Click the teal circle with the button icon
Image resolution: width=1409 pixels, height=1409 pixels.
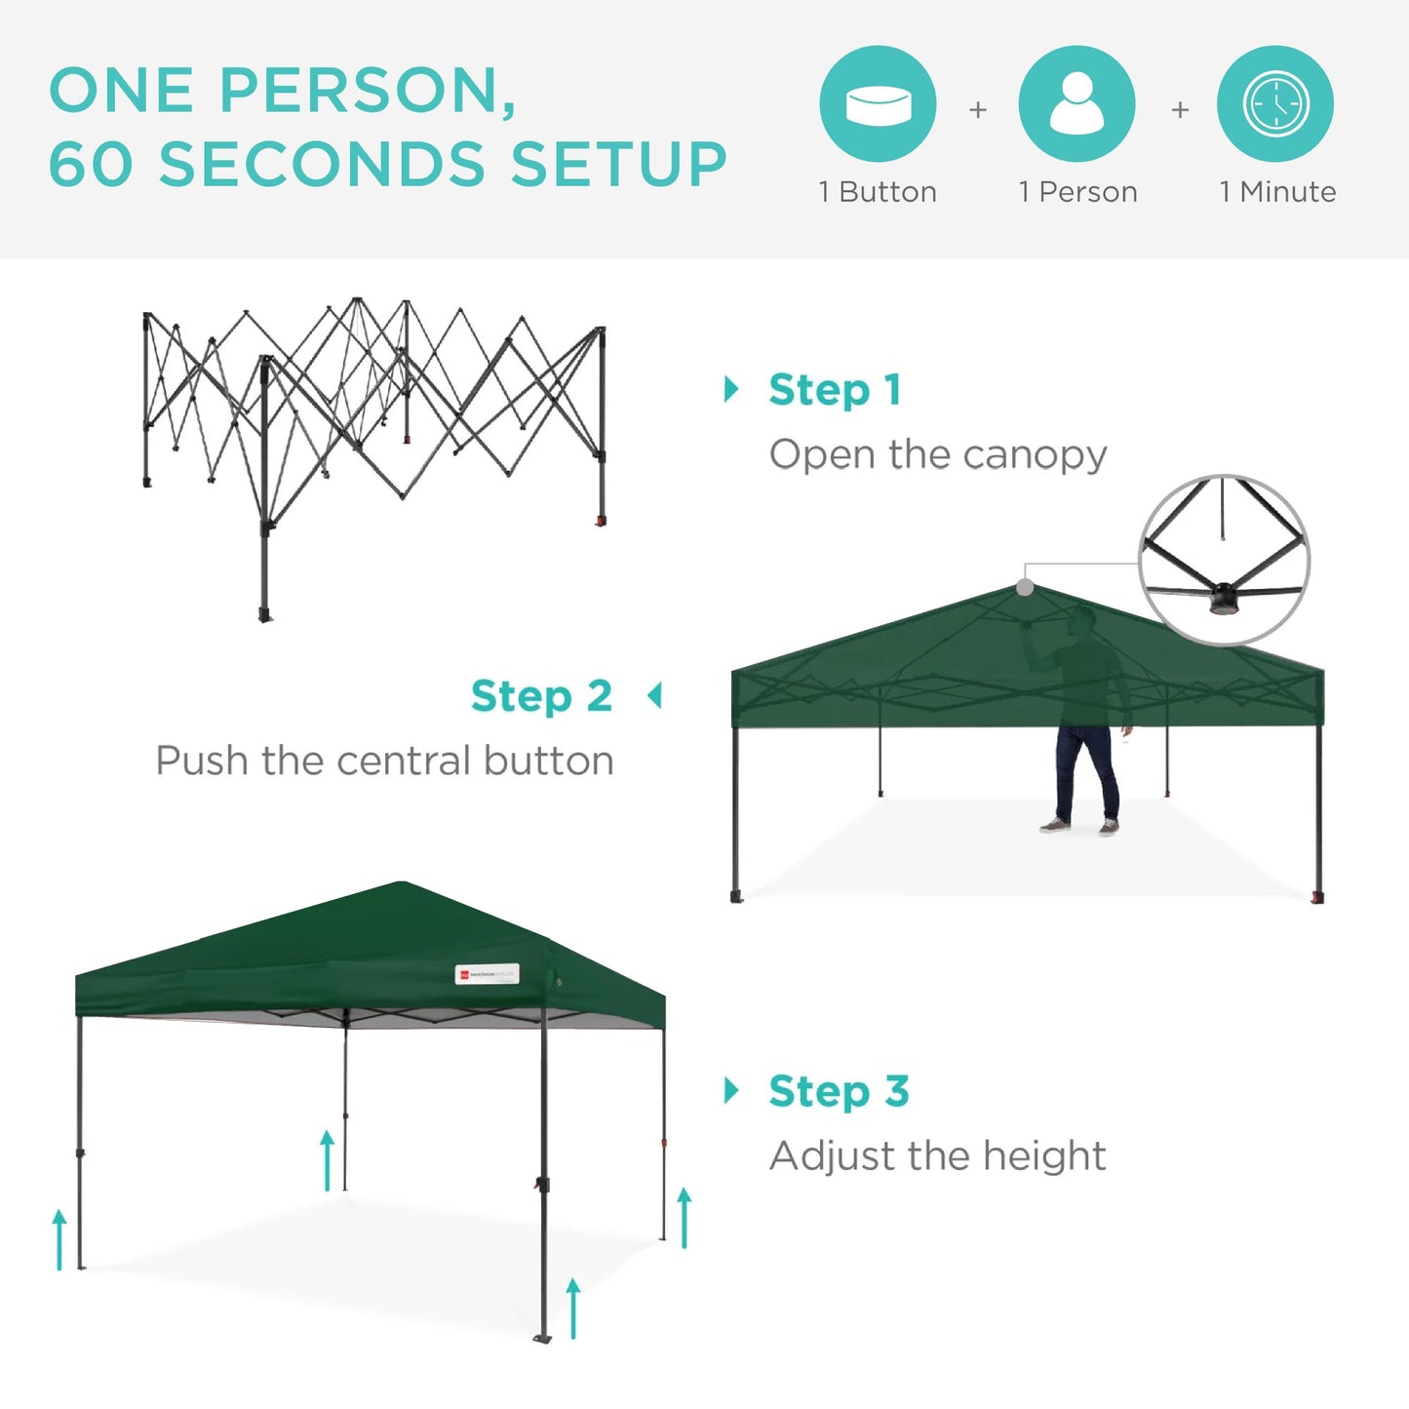(x=878, y=103)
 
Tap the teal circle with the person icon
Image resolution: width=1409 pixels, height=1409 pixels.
(x=1076, y=103)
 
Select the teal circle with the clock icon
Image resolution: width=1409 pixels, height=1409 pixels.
(x=1275, y=103)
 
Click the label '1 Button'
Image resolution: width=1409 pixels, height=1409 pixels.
(x=878, y=192)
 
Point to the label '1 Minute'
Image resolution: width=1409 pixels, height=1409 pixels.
(x=1277, y=192)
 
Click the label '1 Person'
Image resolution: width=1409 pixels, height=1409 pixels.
(x=1077, y=192)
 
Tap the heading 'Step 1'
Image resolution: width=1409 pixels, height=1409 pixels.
(x=835, y=390)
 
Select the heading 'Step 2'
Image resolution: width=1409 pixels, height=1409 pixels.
(x=541, y=696)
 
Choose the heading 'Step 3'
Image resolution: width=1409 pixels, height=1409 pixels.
(x=839, y=1091)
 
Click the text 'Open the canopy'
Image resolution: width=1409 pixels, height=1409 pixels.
(x=938, y=454)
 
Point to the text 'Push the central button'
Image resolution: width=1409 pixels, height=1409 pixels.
(x=384, y=761)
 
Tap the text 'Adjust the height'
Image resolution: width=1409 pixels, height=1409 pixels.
(x=937, y=1155)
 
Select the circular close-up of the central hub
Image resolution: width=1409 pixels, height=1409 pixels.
(x=1225, y=560)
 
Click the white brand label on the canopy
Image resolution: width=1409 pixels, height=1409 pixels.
(x=487, y=974)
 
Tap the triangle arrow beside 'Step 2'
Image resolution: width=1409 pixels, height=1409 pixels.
(x=654, y=696)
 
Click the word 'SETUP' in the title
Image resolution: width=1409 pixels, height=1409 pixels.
(x=618, y=163)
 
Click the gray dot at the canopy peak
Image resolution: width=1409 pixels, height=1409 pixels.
(x=1025, y=587)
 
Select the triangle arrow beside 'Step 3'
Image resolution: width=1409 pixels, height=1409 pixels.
(x=731, y=1090)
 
